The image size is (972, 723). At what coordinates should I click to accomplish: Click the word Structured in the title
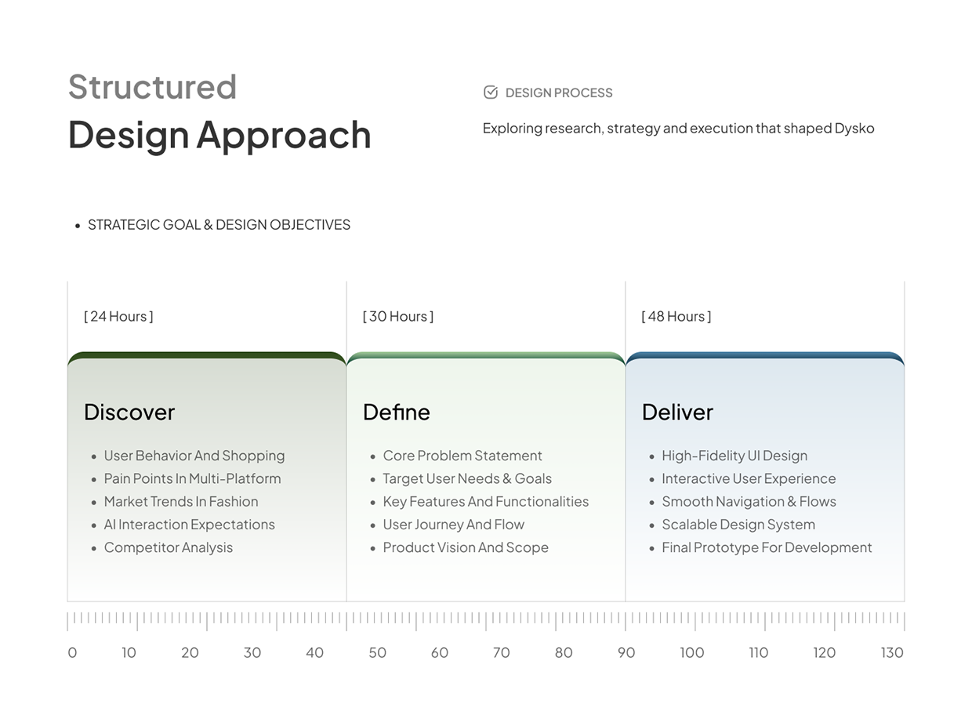pos(153,87)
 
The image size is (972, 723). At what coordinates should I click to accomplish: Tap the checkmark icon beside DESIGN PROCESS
pos(491,93)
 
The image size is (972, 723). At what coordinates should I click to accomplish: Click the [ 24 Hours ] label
pos(118,316)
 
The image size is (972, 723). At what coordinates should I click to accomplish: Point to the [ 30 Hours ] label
pos(398,316)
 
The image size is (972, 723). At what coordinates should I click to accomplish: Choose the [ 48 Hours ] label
pos(676,316)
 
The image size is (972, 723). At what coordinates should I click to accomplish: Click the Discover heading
pos(129,412)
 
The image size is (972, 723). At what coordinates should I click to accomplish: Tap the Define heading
pos(397,412)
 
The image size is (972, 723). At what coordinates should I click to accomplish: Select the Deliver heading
pos(677,412)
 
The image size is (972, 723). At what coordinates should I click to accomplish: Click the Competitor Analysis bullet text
pos(169,547)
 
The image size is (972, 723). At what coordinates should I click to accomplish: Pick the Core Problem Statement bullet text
pos(462,456)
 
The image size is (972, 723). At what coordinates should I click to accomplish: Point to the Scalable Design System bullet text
pos(738,525)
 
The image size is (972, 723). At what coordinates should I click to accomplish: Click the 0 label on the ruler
pos(72,653)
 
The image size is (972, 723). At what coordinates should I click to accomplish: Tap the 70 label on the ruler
pos(501,653)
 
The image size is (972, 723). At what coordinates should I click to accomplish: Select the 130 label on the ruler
pos(892,653)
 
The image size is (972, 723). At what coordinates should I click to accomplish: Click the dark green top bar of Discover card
pos(207,355)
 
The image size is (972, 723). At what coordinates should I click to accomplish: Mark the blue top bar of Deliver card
pos(765,355)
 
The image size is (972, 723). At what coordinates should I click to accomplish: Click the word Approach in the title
pos(284,136)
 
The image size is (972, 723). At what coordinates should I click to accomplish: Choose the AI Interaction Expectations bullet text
pos(190,525)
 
